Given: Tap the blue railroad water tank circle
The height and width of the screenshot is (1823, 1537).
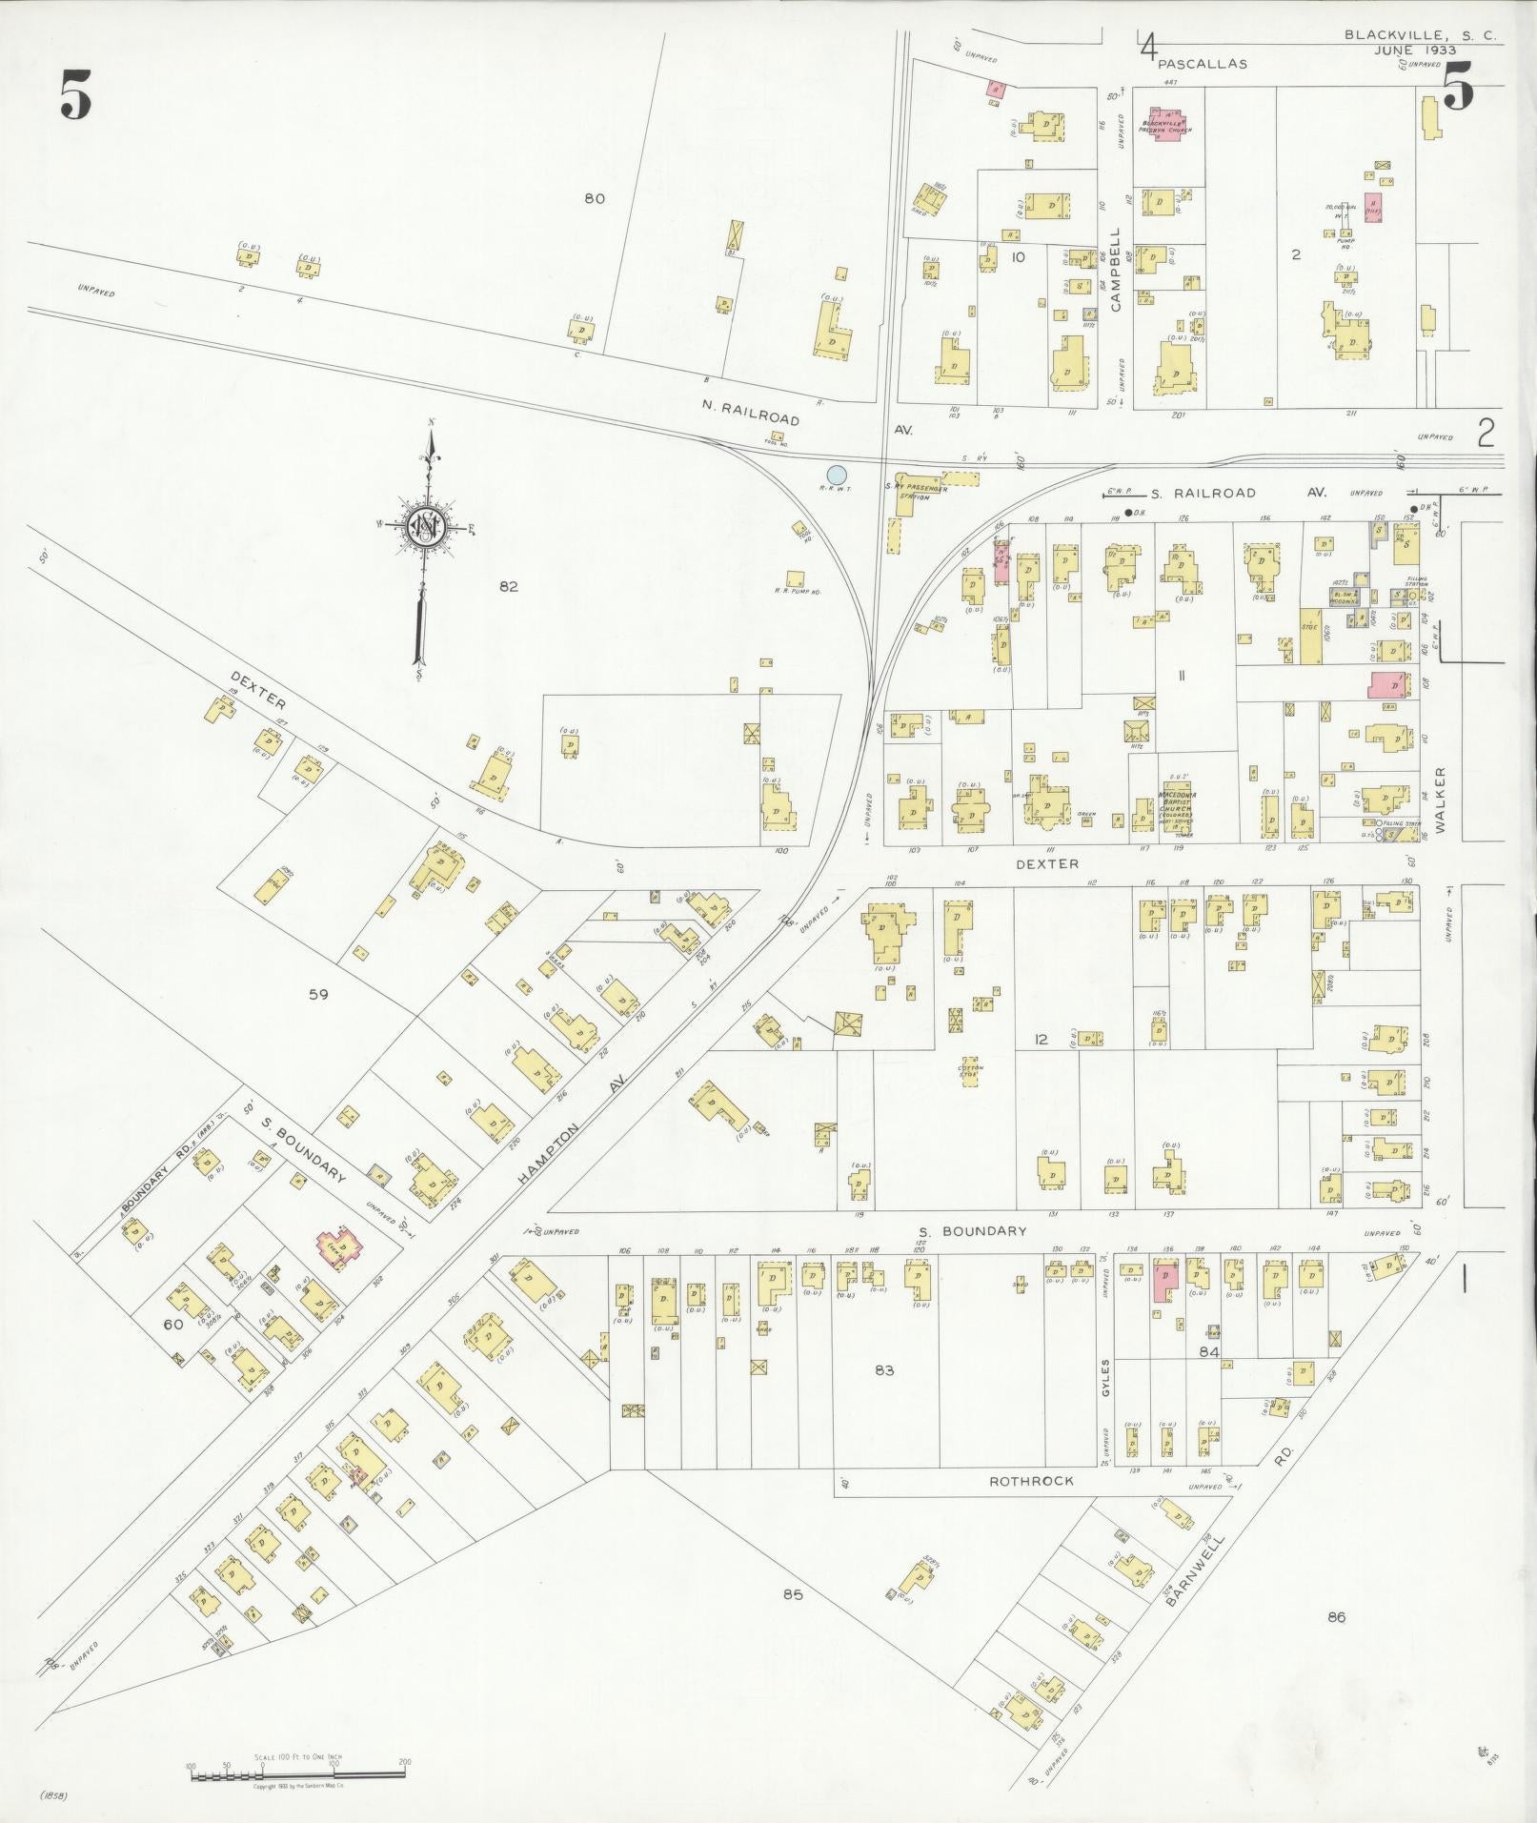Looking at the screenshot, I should coord(837,474).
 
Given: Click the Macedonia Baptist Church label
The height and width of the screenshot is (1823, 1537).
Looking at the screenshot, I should coord(1177,800).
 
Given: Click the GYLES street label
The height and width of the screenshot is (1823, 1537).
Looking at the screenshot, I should coord(1106,1377).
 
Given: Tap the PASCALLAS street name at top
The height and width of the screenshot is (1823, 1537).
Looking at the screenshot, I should coord(1203,65).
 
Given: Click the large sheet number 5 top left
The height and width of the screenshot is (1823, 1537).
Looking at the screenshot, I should coord(76,95).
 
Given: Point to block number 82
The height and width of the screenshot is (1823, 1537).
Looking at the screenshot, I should coord(508,586).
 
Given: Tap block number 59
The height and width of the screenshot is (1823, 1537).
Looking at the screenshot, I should coord(318,994).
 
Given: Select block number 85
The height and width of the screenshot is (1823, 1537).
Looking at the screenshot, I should coord(794,1594).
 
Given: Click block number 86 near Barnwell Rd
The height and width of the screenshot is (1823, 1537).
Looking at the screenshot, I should coord(1336,1616).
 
